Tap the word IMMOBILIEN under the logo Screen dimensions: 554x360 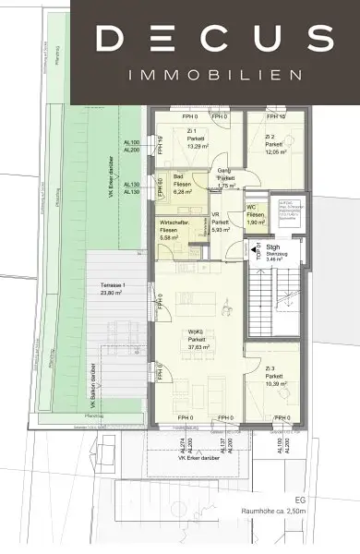pos(214,74)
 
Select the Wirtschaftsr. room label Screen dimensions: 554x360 pos(175,224)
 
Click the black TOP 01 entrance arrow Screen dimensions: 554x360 pos(250,247)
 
